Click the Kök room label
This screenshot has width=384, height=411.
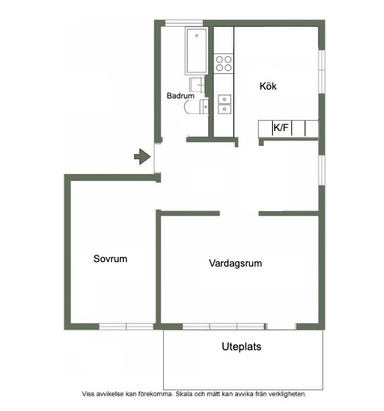(x=268, y=86)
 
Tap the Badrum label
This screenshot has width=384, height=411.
(x=181, y=96)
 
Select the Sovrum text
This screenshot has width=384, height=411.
(x=110, y=258)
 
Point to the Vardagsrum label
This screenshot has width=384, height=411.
(x=236, y=263)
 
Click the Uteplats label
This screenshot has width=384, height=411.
(x=242, y=347)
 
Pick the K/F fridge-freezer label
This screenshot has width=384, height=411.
(x=281, y=127)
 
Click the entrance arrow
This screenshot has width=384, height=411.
(x=142, y=157)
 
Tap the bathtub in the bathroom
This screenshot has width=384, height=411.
(x=196, y=51)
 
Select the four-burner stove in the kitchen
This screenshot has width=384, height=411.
(x=224, y=64)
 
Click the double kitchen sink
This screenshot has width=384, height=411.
(x=225, y=104)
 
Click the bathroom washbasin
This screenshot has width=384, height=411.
(x=197, y=84)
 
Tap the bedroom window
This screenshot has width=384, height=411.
(x=126, y=327)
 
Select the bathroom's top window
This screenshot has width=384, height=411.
(x=184, y=23)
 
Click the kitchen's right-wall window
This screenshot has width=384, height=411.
(x=322, y=71)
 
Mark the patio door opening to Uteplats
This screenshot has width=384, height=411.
(x=281, y=327)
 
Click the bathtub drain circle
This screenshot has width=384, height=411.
(x=196, y=36)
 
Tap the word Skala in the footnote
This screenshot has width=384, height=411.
(x=185, y=394)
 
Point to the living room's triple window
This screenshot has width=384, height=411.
(x=224, y=327)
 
